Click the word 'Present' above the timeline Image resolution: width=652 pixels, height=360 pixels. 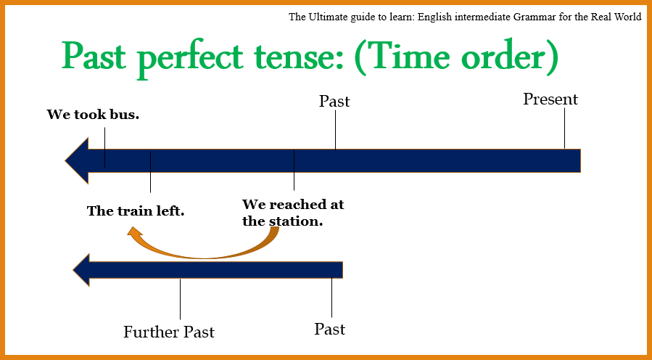550,99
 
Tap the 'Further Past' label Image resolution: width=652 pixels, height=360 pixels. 169,332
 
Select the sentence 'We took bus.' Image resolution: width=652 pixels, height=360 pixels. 93,115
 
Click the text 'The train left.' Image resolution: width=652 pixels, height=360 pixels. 136,211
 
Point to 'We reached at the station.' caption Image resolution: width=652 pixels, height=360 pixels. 292,213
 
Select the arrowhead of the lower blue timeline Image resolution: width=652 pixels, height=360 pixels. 82,270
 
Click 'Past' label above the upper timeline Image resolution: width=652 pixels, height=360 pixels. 334,102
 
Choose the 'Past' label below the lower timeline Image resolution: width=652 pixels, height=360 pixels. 329,330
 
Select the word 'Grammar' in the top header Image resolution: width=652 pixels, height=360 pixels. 511,17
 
